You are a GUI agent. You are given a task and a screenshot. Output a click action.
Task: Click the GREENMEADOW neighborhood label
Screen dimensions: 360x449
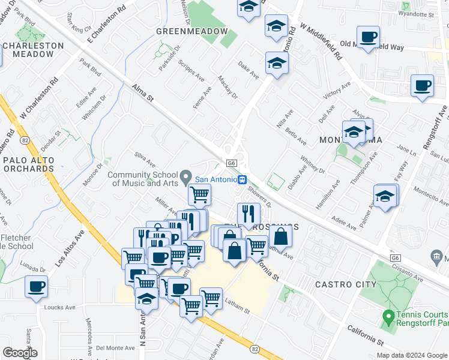point(192,31)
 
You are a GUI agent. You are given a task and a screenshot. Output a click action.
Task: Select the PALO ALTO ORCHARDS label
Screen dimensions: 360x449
point(29,165)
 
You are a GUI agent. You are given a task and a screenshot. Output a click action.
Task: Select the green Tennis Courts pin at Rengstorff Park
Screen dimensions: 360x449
point(388,315)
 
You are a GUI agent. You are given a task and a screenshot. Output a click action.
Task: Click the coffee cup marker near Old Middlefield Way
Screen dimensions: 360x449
point(367,37)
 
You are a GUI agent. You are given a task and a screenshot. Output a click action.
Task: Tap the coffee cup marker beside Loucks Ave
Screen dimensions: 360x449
point(37,287)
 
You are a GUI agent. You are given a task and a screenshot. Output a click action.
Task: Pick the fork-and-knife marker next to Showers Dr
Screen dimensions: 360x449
point(248,213)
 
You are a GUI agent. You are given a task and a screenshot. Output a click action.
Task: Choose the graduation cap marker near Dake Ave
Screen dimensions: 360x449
point(277,63)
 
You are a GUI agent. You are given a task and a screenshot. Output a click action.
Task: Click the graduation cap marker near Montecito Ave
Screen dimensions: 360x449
point(384,196)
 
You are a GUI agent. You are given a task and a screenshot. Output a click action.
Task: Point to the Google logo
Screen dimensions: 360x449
point(20,353)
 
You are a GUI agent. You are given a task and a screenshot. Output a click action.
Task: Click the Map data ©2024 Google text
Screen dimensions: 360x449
point(412,355)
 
